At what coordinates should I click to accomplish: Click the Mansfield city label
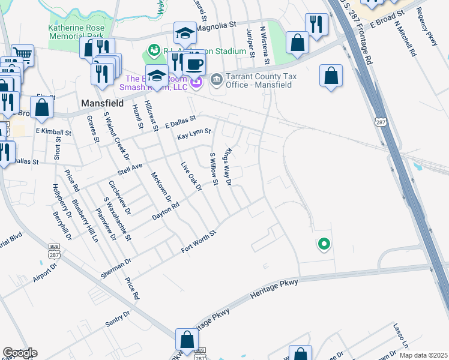[102, 103]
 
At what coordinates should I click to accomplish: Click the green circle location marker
[324, 244]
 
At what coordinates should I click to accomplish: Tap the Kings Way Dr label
[227, 167]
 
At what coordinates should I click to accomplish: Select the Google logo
[20, 353]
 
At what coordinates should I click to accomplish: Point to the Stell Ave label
[130, 166]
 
